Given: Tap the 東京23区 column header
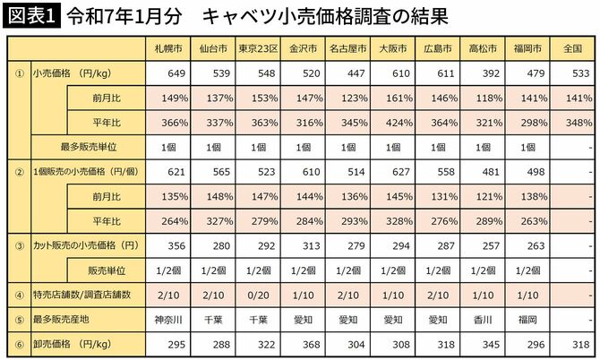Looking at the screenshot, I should tap(259, 48).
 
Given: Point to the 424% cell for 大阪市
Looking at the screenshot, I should tap(392, 121).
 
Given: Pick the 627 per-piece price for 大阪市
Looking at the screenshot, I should tap(392, 170).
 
